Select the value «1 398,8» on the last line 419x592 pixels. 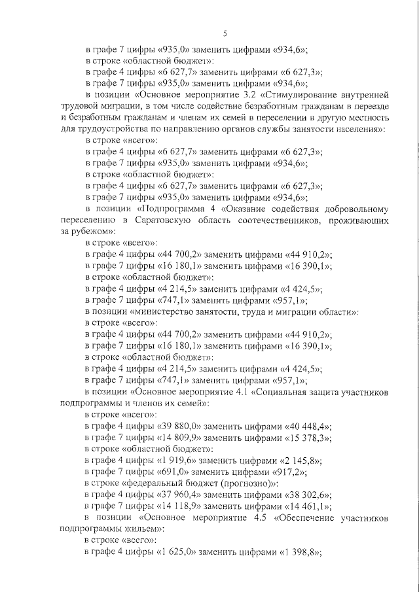point(300,551)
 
